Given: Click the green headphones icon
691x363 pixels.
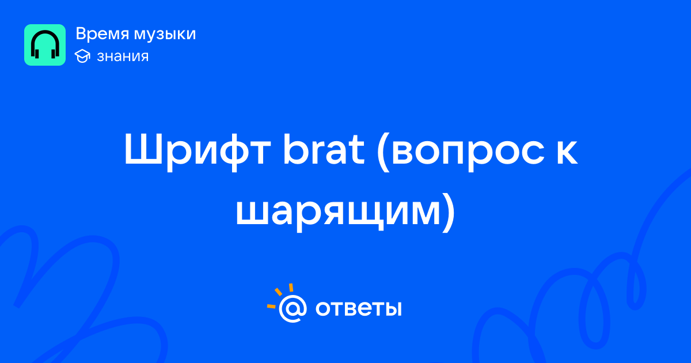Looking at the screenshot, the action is [45, 45].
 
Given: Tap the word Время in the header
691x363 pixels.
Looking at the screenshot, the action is [102, 33].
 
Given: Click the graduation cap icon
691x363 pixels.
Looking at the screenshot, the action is [82, 56].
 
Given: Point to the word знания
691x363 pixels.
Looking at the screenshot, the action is [123, 56].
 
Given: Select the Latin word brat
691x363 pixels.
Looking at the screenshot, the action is [324, 149].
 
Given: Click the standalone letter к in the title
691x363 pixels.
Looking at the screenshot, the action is [567, 152].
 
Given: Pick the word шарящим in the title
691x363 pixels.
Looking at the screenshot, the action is [338, 212].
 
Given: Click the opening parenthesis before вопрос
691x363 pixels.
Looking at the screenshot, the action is [382, 152].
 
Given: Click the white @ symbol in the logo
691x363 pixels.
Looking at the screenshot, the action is [293, 308].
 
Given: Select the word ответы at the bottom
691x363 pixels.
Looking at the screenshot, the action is [358, 308].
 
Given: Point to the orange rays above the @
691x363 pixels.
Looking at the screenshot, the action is [280, 296].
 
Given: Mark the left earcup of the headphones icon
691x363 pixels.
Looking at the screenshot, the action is [36, 52].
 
